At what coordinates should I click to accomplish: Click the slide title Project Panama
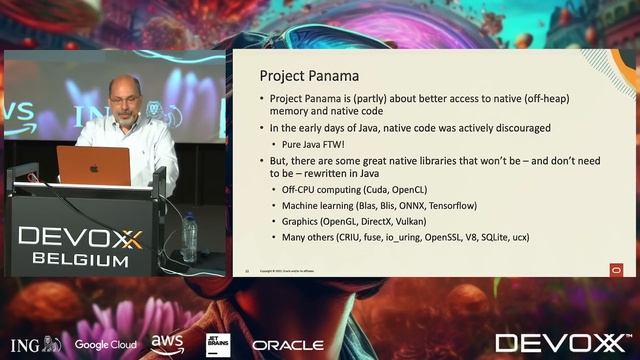310,75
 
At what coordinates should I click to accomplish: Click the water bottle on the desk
189,238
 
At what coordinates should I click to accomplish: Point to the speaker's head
124,94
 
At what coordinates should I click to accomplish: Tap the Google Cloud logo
105,345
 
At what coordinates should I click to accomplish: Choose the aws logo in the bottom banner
167,343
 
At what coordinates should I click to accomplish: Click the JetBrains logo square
218,345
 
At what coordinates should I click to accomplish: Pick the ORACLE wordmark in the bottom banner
288,345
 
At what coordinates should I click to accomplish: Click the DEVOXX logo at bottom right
563,344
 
